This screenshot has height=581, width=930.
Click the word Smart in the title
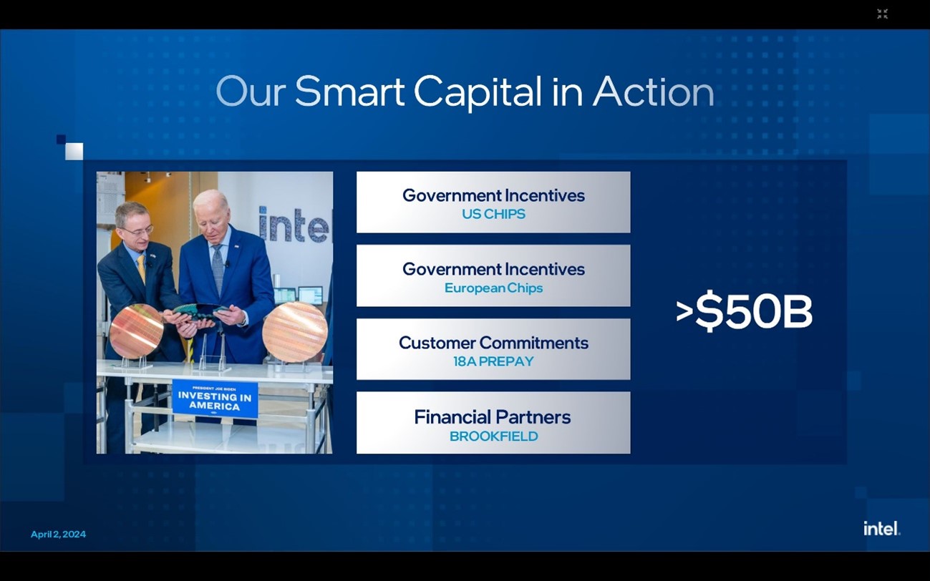click(349, 92)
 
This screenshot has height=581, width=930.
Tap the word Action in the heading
click(654, 92)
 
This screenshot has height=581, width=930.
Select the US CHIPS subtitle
click(494, 214)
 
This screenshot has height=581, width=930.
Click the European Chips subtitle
click(494, 288)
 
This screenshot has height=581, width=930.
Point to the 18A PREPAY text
click(494, 361)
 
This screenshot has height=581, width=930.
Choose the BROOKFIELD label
click(494, 436)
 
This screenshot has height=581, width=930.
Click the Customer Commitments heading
click(494, 343)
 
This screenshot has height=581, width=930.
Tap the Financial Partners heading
click(493, 417)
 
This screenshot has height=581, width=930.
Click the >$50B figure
click(744, 312)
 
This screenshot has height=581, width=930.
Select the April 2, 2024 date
click(59, 534)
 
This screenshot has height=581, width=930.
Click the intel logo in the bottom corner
click(882, 529)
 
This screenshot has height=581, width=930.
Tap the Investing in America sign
click(215, 399)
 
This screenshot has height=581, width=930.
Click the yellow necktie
click(142, 268)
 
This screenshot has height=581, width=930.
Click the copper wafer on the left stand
click(137, 331)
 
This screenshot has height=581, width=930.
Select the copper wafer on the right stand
click(295, 332)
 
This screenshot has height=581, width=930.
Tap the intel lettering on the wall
click(296, 224)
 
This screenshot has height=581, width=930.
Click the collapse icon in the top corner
click(883, 14)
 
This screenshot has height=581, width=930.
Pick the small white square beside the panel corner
click(74, 152)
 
